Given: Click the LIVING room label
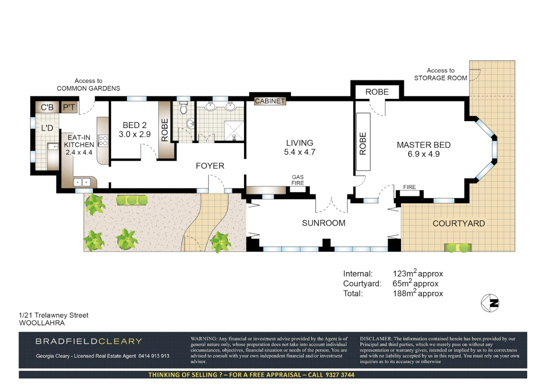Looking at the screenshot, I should (299, 143).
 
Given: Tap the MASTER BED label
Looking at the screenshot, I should (423, 145).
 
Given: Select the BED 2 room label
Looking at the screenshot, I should (134, 125).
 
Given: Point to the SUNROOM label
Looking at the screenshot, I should (323, 223).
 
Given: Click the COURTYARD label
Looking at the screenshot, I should (458, 223).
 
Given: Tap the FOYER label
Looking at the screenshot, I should (210, 166).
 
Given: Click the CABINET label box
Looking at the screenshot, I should (270, 101).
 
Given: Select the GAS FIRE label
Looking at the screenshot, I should (297, 180).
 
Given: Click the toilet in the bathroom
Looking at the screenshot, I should (183, 108).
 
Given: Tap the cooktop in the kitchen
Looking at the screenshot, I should (103, 141).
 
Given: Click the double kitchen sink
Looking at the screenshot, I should (82, 182).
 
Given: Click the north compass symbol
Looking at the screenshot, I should (490, 303).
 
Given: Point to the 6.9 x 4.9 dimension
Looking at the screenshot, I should (423, 154).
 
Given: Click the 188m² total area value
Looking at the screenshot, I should (417, 293).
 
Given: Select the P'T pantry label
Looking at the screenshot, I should (69, 107).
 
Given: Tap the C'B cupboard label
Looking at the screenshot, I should (47, 107).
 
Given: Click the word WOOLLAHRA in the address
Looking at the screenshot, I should (42, 323).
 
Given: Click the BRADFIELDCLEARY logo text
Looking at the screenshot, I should (89, 341).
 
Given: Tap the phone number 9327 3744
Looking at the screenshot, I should (340, 375).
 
